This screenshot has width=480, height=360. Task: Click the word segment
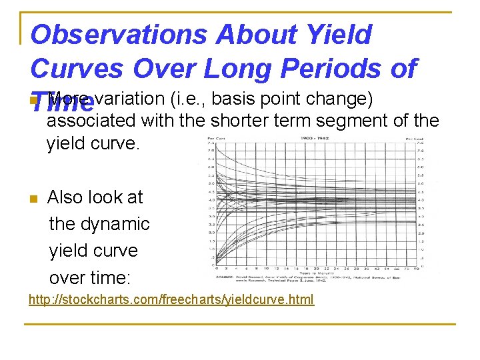point(359,121)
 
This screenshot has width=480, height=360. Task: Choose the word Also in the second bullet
point(65,197)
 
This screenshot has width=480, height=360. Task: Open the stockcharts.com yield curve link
point(171,299)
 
